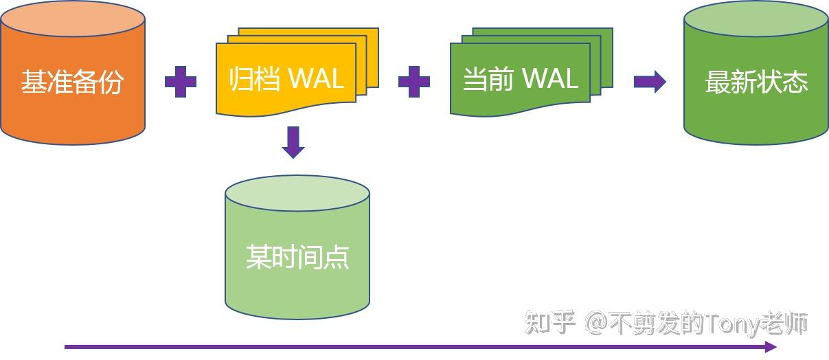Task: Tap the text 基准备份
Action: coord(72,82)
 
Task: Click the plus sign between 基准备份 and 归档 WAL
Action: coord(181,82)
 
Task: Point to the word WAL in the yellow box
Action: coord(315,78)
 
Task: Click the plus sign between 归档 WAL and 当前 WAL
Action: coord(414,82)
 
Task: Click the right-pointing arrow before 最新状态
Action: coord(649,82)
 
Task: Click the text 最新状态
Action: coord(756,82)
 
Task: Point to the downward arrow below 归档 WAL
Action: coord(294,142)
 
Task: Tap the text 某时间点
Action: coord(297,257)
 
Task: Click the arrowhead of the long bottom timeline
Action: coord(771,347)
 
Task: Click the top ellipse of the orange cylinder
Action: coord(72,19)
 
